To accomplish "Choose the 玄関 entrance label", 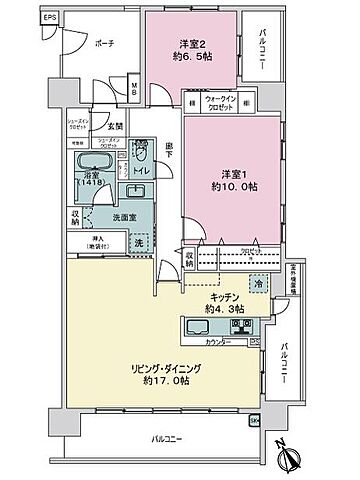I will tap(116, 124).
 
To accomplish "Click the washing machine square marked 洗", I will tap(140, 243).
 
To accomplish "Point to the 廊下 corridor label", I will tap(170, 148).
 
